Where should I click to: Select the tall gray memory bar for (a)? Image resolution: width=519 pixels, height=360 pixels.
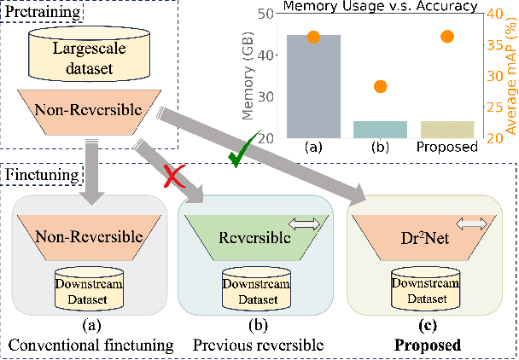coord(313,86)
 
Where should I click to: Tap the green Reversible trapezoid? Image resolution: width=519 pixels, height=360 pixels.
coord(263,234)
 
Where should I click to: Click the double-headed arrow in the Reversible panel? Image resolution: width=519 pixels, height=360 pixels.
coord(305,224)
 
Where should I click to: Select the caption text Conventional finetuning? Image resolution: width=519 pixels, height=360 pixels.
coord(89,346)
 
